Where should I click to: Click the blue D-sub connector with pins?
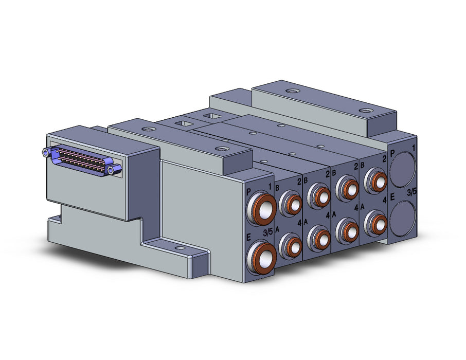pyautogui.click(x=82, y=160)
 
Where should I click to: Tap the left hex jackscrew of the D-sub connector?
pyautogui.click(x=46, y=153)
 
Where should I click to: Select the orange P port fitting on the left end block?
pyautogui.click(x=262, y=208)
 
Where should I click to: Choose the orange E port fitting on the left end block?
pyautogui.click(x=262, y=256)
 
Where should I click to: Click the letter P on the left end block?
pyautogui.click(x=249, y=192)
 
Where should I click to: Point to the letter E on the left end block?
pyautogui.click(x=249, y=238)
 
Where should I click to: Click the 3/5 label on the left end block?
pyautogui.click(x=268, y=233)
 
